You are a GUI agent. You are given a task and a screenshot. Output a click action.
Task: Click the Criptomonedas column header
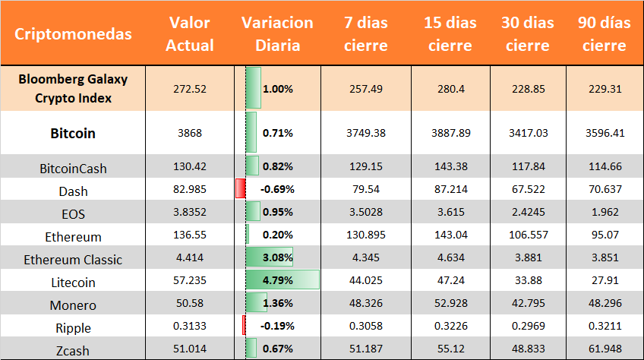[73, 34]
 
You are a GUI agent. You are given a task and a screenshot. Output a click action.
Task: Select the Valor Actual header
[190, 34]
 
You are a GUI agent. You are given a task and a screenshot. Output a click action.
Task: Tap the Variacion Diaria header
[277, 34]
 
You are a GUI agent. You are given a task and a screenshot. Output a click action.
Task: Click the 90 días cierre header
[605, 34]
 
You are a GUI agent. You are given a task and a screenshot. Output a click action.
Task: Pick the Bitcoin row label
[73, 133]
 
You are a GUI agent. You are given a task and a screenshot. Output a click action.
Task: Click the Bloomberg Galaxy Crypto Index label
[73, 88]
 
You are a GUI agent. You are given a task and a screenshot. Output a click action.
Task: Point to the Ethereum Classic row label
[73, 260]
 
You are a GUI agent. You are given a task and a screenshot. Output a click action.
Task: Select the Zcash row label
[73, 351]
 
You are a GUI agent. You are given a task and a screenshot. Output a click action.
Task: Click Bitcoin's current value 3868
[190, 133]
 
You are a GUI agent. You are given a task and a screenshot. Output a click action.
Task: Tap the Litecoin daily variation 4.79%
[277, 281]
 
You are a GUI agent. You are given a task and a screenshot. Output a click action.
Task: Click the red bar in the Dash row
[240, 188]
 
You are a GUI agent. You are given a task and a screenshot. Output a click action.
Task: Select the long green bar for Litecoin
[282, 281]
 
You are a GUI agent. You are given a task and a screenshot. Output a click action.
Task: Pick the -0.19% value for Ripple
[277, 327]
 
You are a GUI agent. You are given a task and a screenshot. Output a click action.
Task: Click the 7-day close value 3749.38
[365, 133]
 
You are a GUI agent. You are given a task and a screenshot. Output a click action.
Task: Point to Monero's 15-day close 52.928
[450, 305]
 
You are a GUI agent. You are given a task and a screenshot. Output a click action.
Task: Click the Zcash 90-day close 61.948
[605, 350]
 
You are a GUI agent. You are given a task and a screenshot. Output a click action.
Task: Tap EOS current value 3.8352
[190, 213]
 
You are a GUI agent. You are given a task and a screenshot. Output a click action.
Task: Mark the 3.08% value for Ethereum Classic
[277, 258]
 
